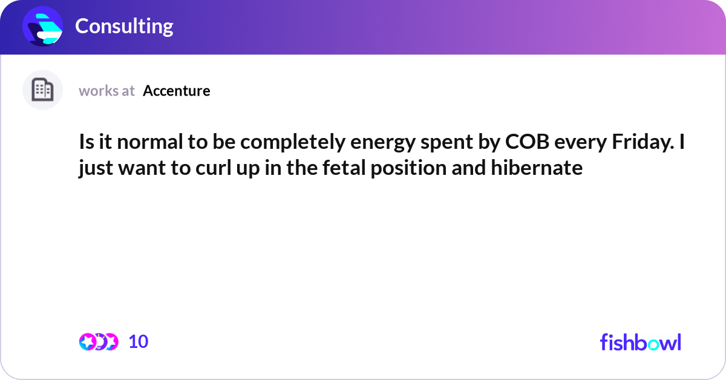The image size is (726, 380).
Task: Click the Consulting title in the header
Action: (124, 26)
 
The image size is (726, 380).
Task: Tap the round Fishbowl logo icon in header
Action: (43, 26)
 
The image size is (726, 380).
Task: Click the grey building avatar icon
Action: (42, 90)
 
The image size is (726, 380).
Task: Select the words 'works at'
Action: (106, 91)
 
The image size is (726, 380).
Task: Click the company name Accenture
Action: (177, 91)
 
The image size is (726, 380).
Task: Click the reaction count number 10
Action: (138, 342)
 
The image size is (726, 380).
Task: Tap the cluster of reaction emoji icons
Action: (98, 342)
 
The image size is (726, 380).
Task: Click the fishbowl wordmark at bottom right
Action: (640, 342)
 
